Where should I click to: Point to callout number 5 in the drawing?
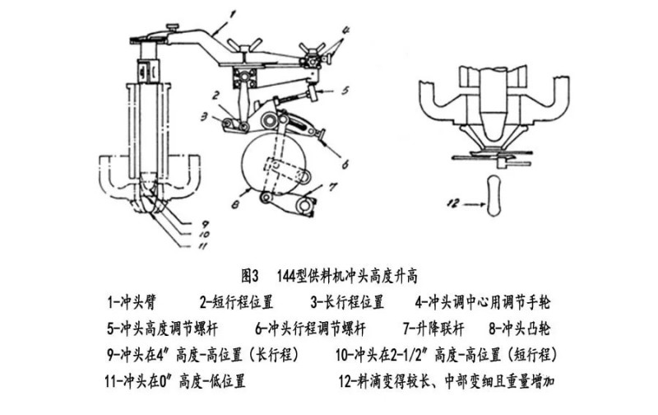click(347, 90)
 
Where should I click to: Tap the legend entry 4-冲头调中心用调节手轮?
click(482, 301)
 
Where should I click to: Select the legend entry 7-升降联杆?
click(435, 329)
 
